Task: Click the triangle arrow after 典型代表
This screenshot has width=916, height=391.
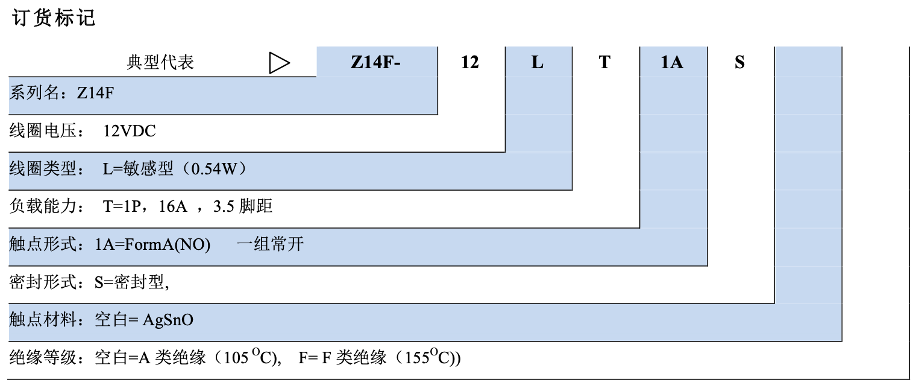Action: (279, 62)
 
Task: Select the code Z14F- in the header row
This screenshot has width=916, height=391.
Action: (376, 62)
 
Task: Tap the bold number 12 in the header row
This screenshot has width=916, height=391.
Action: (469, 62)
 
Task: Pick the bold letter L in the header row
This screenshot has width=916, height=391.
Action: (537, 62)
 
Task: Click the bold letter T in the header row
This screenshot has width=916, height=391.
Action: (604, 62)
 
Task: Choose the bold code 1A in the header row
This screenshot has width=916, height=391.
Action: (672, 62)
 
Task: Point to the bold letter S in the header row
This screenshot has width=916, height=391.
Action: (739, 62)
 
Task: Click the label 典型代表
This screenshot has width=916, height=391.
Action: (160, 62)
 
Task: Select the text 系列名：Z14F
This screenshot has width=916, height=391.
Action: (61, 94)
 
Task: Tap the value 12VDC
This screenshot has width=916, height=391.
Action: (130, 131)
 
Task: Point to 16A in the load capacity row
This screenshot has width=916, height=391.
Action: (174, 206)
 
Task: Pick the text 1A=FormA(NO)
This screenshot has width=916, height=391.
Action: (152, 244)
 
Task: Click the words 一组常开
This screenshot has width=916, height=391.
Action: (270, 244)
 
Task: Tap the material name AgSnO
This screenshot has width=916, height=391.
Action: (168, 320)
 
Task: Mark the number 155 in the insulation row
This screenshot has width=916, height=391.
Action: (416, 358)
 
